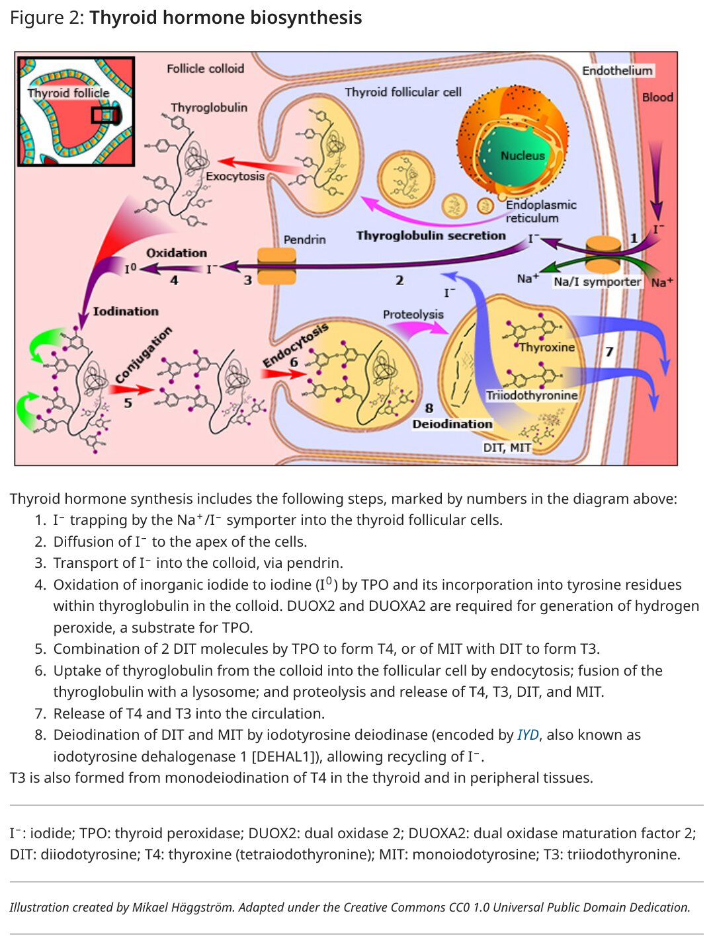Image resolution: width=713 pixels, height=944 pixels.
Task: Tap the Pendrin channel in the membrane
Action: pyautogui.click(x=276, y=266)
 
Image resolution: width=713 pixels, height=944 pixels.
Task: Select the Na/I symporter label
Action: pyautogui.click(x=597, y=282)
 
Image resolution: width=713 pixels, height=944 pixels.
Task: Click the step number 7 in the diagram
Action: pyautogui.click(x=609, y=352)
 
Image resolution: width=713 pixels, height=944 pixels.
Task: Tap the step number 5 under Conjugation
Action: pyautogui.click(x=128, y=403)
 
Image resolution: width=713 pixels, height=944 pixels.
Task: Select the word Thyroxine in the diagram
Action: pyautogui.click(x=546, y=347)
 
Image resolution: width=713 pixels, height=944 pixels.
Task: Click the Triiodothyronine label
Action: pyautogui.click(x=531, y=395)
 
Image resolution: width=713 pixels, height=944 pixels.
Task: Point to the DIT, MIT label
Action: pyautogui.click(x=507, y=448)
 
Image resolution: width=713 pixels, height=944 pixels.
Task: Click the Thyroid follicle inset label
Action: pyautogui.click(x=68, y=93)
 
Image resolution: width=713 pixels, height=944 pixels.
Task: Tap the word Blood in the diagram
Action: pyautogui.click(x=657, y=97)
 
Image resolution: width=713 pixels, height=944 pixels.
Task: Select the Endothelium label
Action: pyautogui.click(x=617, y=71)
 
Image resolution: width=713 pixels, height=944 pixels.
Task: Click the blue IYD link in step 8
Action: pyautogui.click(x=528, y=734)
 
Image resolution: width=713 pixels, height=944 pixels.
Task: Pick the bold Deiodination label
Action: pyautogui.click(x=452, y=424)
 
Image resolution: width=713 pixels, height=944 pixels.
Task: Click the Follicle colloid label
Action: pyautogui.click(x=205, y=68)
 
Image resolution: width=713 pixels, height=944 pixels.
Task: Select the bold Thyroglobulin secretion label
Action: pyautogui.click(x=431, y=236)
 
